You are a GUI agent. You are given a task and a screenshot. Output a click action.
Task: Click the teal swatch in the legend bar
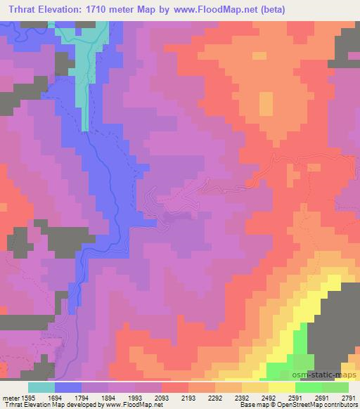tap(41, 387)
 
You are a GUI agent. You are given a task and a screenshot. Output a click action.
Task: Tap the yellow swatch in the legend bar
tap(281, 387)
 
